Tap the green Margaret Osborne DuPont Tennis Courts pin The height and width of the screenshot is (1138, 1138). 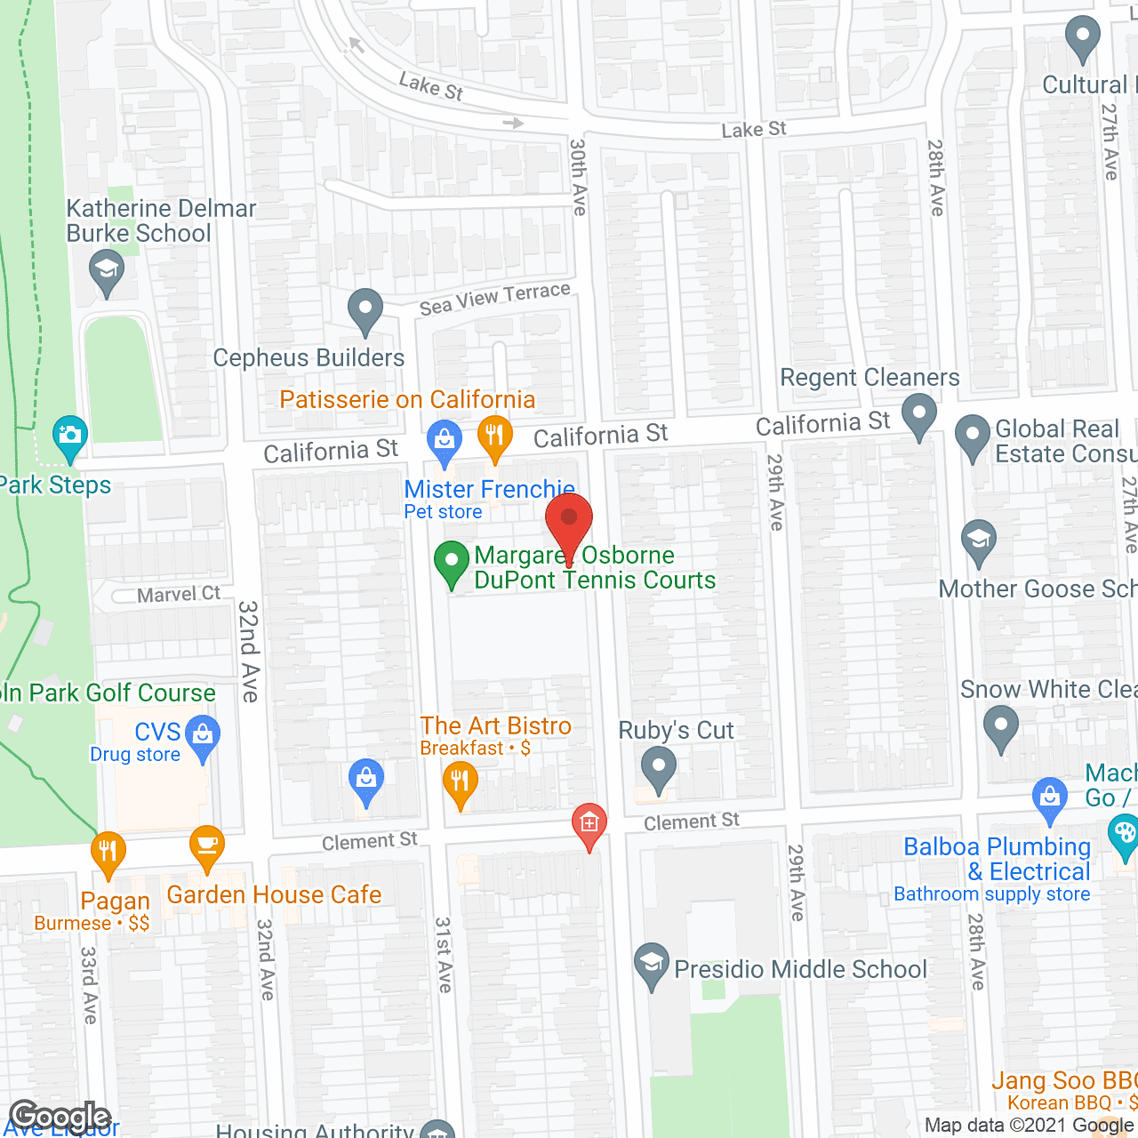(x=452, y=563)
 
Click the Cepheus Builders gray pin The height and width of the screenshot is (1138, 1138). (x=365, y=310)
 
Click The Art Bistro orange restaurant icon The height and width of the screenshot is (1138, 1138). (x=460, y=783)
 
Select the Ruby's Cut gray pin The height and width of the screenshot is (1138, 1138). (x=658, y=768)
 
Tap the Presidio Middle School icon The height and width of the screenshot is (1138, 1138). (x=653, y=965)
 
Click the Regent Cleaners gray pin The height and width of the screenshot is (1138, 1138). (x=919, y=415)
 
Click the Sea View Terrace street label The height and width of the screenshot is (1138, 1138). (x=494, y=299)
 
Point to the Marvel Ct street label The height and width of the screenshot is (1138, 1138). (x=179, y=594)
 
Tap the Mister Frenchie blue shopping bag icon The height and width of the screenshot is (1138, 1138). (x=444, y=440)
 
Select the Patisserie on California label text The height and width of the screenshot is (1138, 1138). (x=407, y=399)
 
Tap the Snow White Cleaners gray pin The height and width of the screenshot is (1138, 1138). (x=1001, y=727)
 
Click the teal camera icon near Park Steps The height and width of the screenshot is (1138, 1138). (x=69, y=436)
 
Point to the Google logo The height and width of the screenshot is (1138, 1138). (x=60, y=1117)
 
